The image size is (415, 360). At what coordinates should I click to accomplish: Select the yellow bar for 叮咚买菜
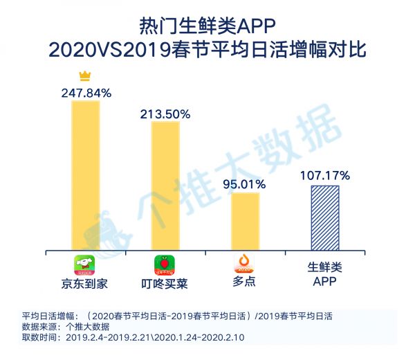point(165,185)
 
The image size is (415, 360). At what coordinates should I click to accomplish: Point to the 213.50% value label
point(165,113)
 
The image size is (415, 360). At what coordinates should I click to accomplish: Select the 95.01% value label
point(245,183)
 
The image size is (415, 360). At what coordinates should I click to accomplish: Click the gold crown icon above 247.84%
point(86,75)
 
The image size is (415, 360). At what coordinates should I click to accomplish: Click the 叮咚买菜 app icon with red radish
point(165,265)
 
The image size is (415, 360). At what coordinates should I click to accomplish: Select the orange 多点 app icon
point(245,262)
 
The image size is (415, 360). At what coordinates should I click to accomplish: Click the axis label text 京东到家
point(86,284)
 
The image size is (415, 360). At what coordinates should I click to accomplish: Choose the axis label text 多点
point(245,282)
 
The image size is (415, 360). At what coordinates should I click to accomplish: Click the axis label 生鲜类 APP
point(324,274)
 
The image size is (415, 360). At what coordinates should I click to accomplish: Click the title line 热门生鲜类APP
point(207,26)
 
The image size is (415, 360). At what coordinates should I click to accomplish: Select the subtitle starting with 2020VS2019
point(207,51)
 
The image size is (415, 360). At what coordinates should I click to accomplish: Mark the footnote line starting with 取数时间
point(133,337)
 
